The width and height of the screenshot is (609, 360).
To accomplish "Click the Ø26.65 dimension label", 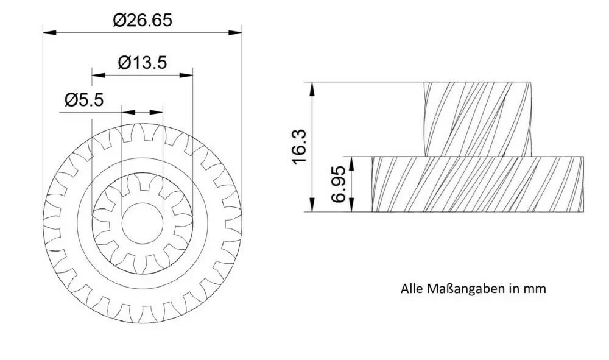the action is point(142,20).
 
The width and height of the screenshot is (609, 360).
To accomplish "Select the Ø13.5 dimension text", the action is point(142,63).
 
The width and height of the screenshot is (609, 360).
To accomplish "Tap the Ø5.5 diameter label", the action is point(84,100).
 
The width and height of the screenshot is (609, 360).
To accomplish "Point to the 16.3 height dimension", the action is point(300,147).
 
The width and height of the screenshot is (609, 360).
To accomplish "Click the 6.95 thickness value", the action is point(338,184).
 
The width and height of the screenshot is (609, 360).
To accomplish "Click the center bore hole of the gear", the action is point(142,224).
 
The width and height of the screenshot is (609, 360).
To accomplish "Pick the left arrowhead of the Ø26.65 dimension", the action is point(49,33).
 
